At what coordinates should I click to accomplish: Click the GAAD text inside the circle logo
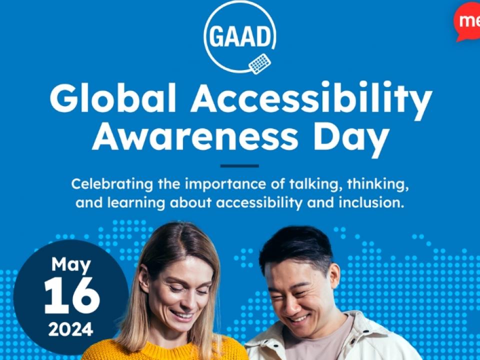240,36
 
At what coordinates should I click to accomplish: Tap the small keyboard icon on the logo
259,63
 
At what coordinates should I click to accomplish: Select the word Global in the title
112,97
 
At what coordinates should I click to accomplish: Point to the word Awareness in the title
195,136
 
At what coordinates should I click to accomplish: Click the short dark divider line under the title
239,166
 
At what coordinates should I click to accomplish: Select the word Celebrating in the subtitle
112,185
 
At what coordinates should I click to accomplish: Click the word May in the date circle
71,265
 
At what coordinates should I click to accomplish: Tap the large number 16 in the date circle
71,295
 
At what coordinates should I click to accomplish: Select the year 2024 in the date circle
70,329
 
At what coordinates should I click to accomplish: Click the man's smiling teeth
299,318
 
